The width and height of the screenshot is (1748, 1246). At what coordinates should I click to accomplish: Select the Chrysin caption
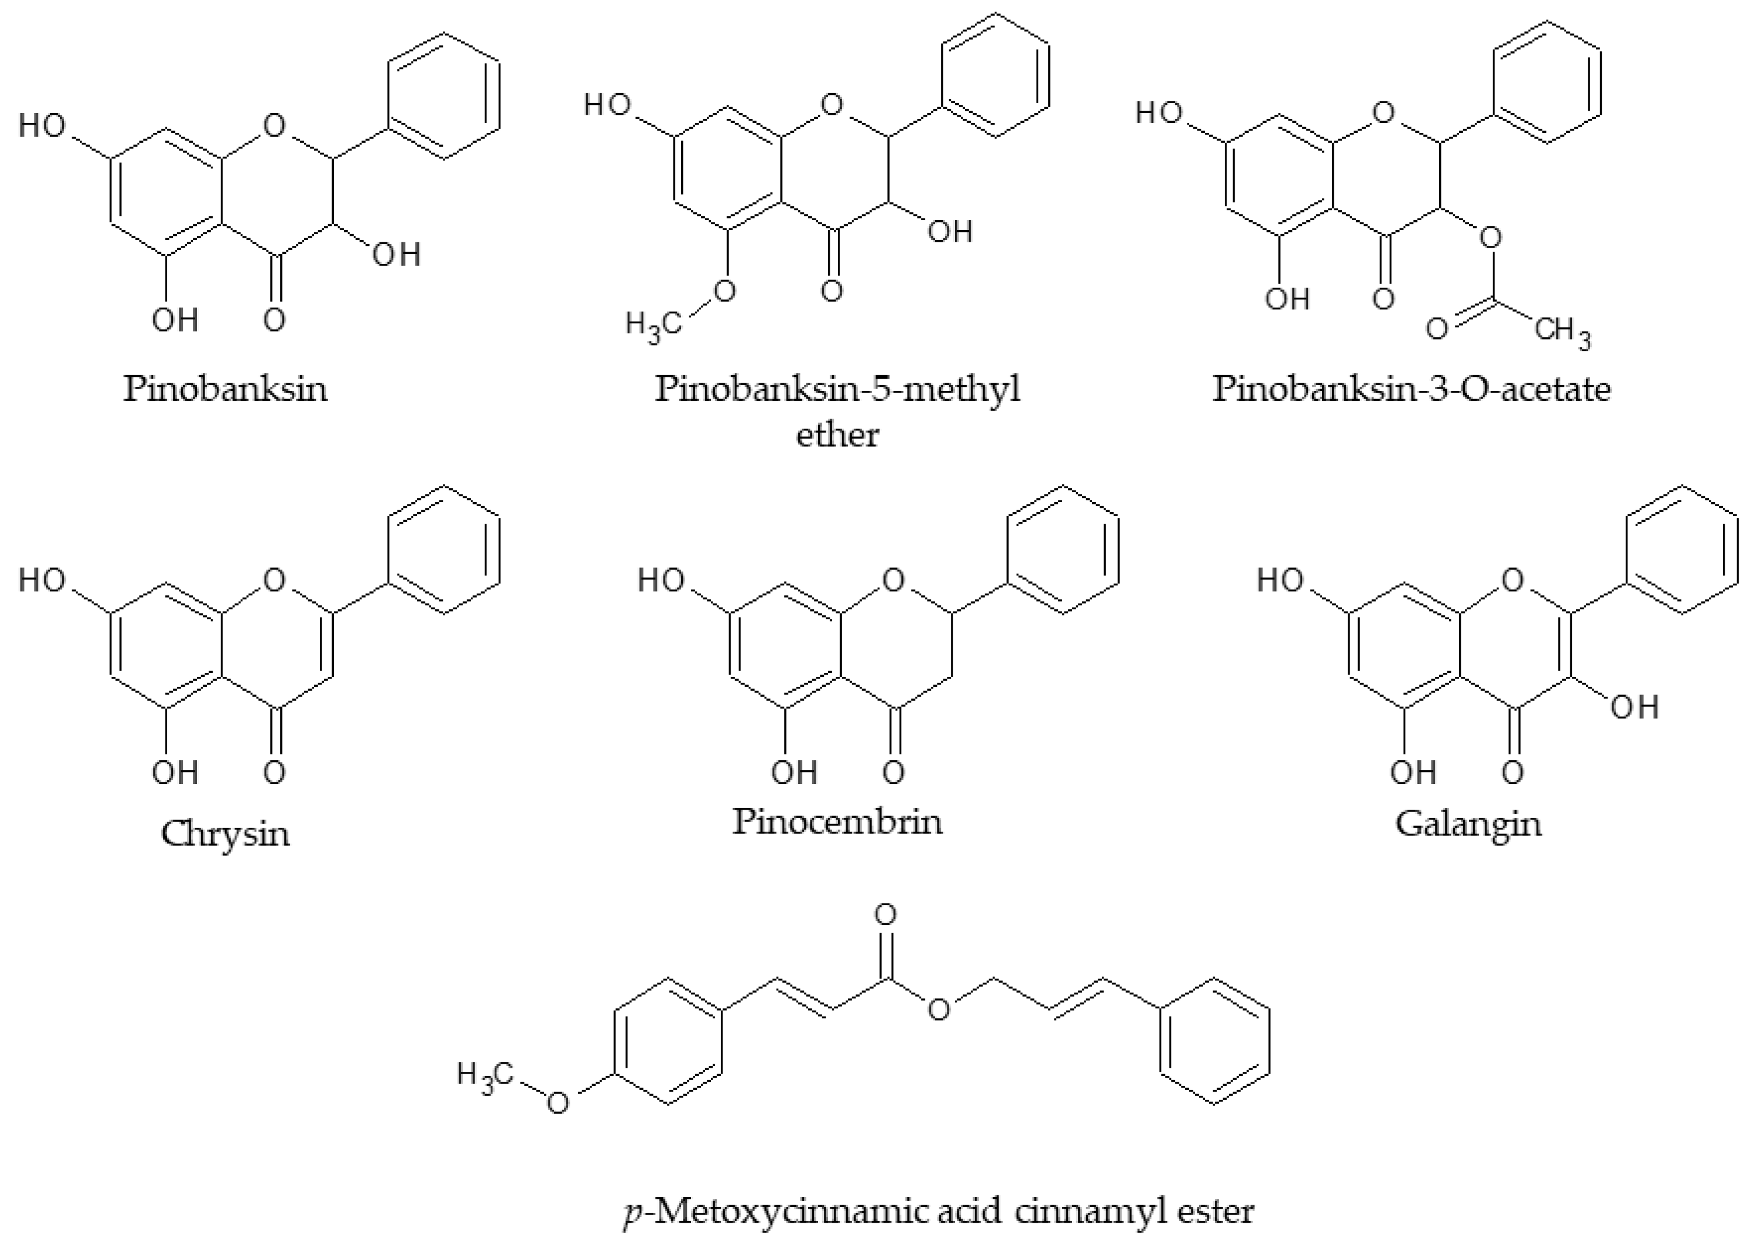[x=225, y=833]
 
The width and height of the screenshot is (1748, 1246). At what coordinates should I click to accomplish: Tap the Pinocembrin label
[x=837, y=822]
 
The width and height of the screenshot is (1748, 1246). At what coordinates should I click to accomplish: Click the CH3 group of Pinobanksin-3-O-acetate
[x=1562, y=331]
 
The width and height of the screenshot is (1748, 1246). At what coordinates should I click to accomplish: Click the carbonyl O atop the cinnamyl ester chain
[x=886, y=915]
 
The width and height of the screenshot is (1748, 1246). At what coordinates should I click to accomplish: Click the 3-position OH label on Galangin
[x=1634, y=707]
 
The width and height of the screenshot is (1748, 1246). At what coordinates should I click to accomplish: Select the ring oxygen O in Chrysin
[x=274, y=580]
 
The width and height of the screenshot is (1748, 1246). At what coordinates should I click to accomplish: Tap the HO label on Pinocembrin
[x=661, y=580]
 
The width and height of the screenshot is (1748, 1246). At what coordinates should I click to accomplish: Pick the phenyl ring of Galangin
[x=1683, y=549]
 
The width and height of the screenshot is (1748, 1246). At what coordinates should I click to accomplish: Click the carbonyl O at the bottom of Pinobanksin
[x=274, y=320]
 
